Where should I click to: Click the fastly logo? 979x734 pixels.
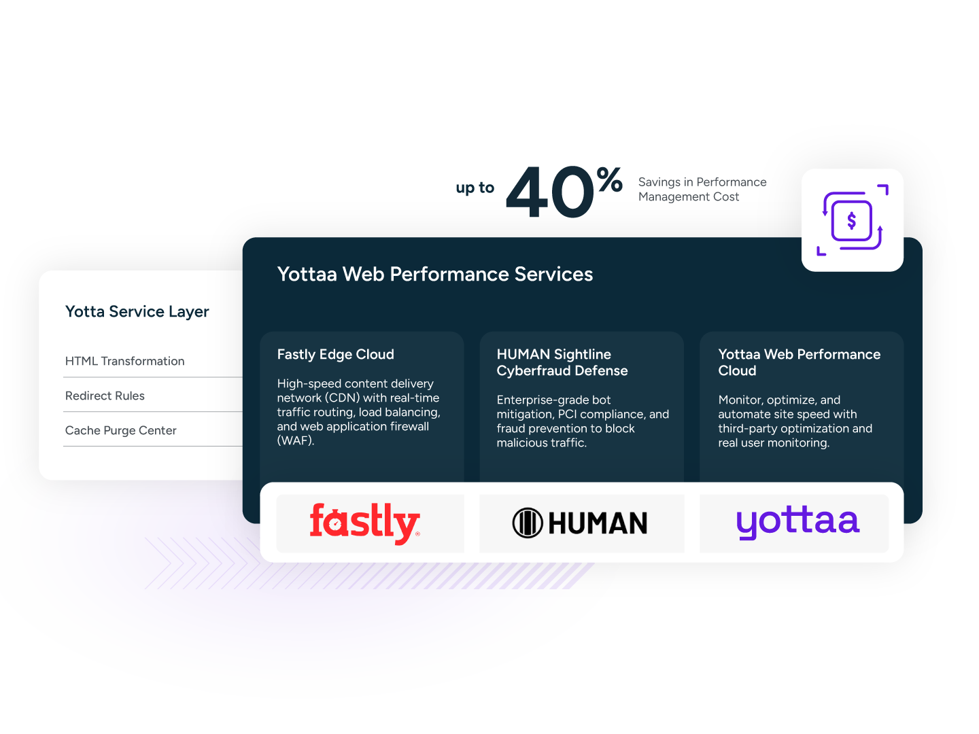coord(365,523)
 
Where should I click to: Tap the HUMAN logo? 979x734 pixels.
coord(580,523)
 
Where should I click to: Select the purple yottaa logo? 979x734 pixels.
coord(797,522)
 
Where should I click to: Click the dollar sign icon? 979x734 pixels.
coord(852,220)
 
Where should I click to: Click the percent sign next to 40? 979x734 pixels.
coord(610,180)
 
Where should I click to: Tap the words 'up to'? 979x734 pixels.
coord(475,188)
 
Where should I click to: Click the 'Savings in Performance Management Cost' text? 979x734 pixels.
coord(702,190)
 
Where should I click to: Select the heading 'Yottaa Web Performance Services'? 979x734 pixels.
coord(435,274)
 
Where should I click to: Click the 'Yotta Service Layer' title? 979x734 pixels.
coord(137,311)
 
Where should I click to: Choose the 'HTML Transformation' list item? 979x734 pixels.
coord(124,361)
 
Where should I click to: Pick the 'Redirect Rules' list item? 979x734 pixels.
coord(105,396)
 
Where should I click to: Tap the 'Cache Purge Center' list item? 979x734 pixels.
coord(120,430)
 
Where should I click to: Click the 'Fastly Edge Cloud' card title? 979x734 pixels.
coord(335,354)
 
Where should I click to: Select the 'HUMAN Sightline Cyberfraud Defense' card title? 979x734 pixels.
coord(562,362)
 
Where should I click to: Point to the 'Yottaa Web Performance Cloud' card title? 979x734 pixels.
coord(799,362)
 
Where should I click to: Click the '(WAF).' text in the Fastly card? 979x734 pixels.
coord(295,440)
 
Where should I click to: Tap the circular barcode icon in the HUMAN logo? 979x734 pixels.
coord(527,523)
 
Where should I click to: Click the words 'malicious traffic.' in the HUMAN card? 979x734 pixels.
coord(541,443)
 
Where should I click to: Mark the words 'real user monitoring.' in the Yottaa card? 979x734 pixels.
coord(774,443)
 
